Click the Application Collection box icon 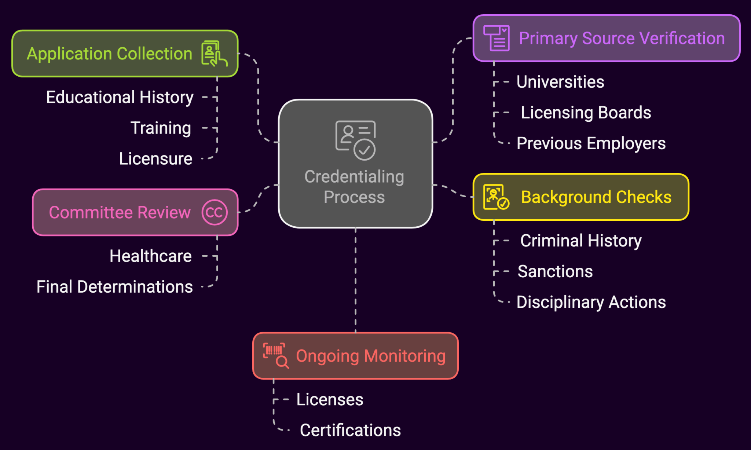point(214,54)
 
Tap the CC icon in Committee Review point(215,212)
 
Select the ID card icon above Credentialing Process point(355,140)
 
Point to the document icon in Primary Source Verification point(497,38)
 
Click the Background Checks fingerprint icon point(496,197)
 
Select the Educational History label point(120,97)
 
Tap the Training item point(161,128)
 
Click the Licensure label point(155,159)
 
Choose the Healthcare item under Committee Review point(150,256)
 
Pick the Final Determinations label point(114,287)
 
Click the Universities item point(560,82)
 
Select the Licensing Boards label point(586,113)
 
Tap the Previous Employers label point(591,143)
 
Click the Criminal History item point(581,241)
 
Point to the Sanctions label point(555,271)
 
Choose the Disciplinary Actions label point(591,302)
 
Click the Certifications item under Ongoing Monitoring point(350,430)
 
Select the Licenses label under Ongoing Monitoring point(329,399)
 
